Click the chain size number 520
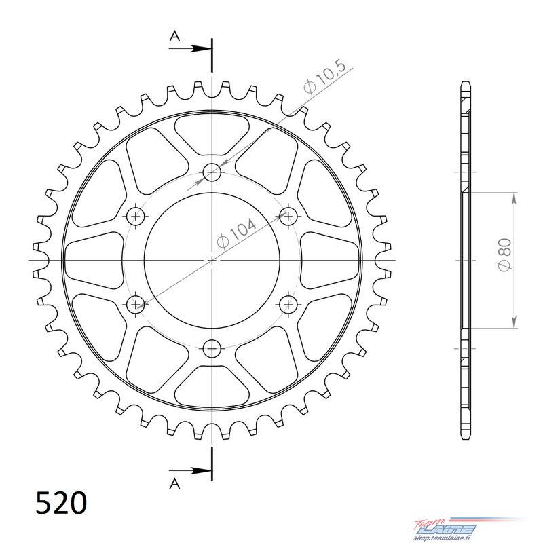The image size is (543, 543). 61,502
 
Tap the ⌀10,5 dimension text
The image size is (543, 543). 324,78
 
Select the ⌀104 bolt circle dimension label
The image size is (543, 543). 236,233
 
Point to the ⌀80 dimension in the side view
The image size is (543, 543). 504,255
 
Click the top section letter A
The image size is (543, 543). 175,36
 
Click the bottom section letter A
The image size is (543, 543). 175,483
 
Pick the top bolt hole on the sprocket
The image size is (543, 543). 212,172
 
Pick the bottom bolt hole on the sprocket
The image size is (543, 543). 212,348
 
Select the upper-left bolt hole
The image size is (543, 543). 135,217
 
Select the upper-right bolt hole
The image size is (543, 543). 288,217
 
